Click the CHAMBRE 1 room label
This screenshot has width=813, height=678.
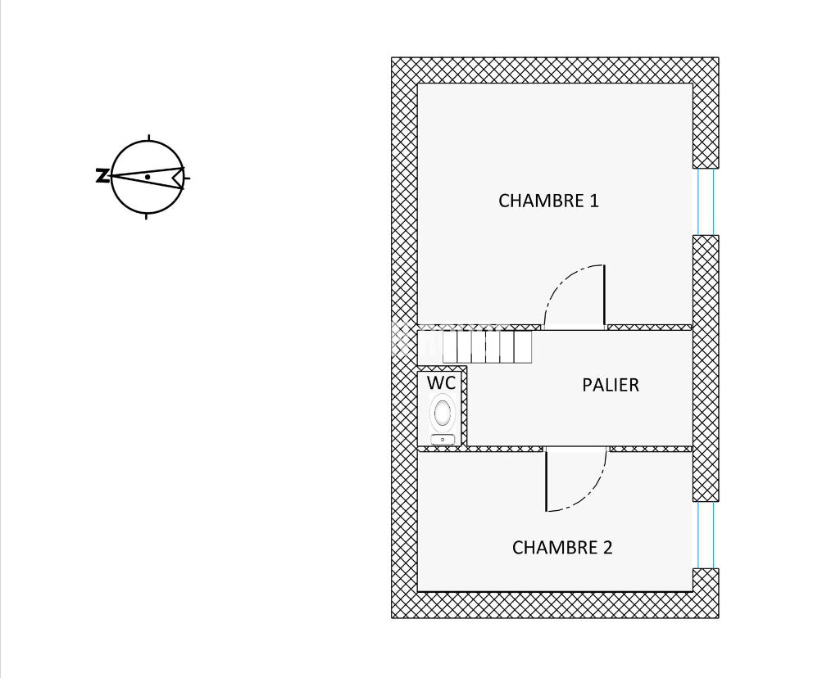coord(548,201)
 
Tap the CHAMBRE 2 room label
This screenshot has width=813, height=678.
coord(561,548)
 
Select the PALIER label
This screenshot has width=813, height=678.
coord(610,385)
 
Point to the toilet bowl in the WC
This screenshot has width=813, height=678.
coord(443,412)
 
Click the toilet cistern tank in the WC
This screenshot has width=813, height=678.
coord(443,440)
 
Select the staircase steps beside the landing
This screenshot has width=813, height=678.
coord(487,346)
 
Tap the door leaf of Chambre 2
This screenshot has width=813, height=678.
coord(547,481)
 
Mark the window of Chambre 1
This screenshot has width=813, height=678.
coord(706,201)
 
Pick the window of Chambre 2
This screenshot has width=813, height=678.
coord(706,535)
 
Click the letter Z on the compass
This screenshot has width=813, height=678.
coord(102,175)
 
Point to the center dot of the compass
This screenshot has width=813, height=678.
coord(147,177)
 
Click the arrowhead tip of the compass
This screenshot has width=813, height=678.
coord(111,176)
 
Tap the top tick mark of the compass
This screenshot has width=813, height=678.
coord(148,137)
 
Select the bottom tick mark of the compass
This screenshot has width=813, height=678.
coord(147,216)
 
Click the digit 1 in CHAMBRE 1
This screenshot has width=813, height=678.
coord(594,201)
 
